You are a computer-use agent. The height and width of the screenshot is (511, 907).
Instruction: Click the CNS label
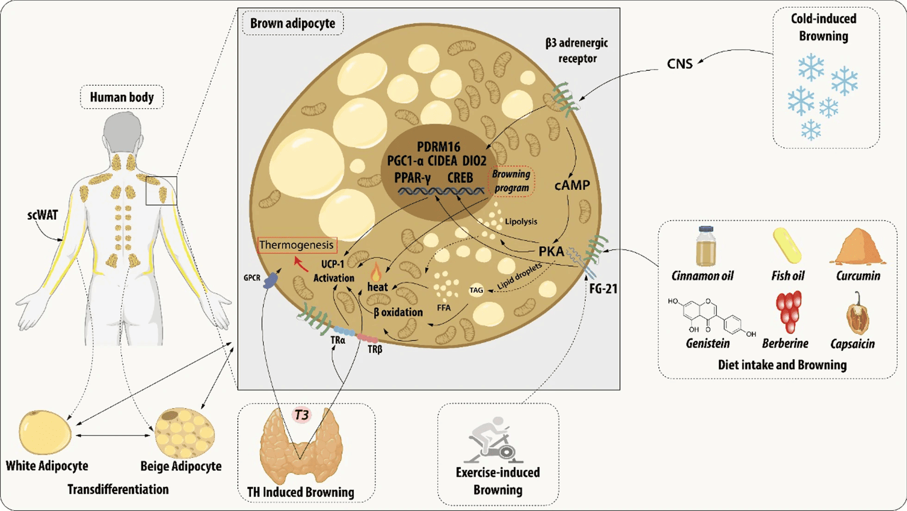coord(679,64)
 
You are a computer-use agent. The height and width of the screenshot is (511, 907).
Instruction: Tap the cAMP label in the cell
coord(572,185)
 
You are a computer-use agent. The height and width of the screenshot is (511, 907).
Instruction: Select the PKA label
coord(551,251)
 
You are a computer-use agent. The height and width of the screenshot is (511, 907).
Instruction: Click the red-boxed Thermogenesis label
coord(297,245)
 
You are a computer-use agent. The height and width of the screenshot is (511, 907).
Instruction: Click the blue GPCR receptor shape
coord(270,280)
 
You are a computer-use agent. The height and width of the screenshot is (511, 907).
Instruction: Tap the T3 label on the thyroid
coord(302,415)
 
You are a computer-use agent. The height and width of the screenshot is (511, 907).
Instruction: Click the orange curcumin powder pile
coord(857,248)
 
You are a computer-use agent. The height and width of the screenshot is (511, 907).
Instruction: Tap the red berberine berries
coord(788,312)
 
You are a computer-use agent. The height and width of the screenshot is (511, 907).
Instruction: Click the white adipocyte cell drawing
coord(45,432)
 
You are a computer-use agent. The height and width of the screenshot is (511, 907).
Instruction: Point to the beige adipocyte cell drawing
coord(185,433)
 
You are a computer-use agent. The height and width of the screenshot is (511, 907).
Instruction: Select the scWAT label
coord(43,215)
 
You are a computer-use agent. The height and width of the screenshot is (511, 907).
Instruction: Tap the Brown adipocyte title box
coord(292,23)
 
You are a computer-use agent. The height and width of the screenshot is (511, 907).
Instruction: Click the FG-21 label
coord(603,289)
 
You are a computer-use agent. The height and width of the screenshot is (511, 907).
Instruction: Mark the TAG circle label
coord(476,290)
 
